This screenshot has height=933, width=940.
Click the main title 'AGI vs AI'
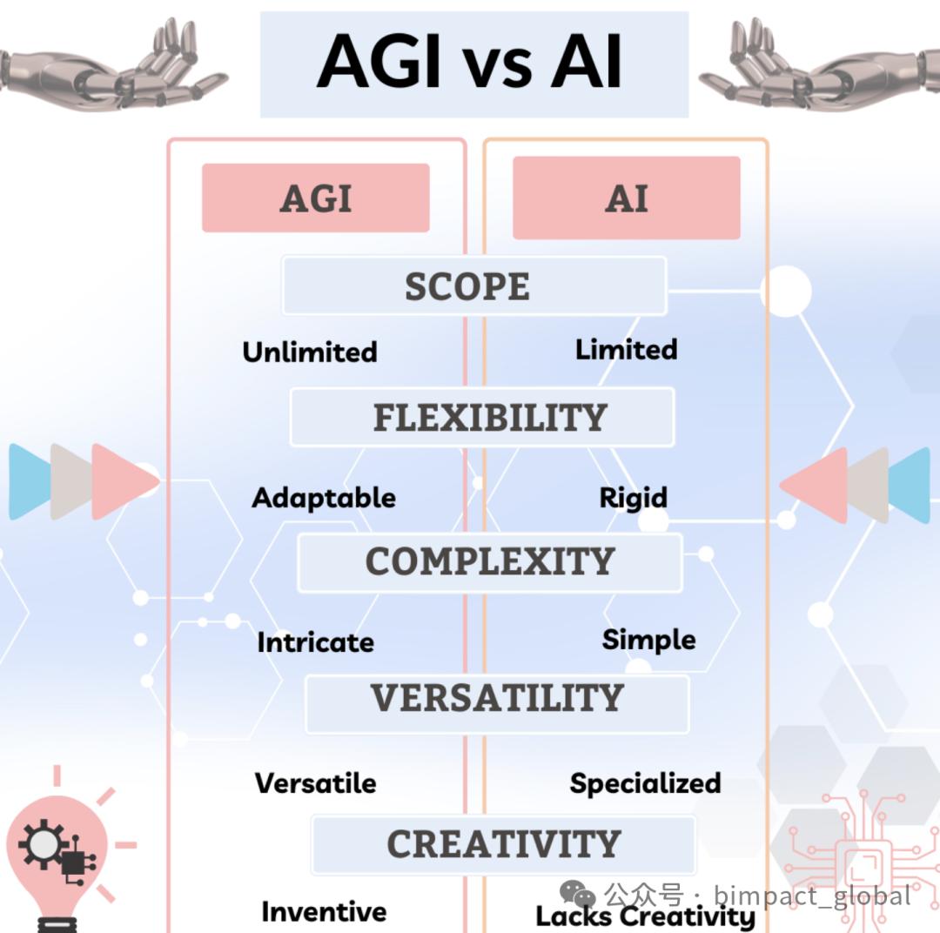click(x=470, y=62)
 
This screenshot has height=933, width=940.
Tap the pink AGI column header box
click(x=316, y=198)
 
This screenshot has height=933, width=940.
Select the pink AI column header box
click(x=627, y=198)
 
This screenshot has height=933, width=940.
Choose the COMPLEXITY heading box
click(x=490, y=562)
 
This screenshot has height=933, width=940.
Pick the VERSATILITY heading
click(x=498, y=698)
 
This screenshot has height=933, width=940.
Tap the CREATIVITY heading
click(x=504, y=844)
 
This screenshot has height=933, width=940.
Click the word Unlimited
click(x=310, y=352)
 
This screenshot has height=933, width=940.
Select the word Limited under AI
click(x=627, y=350)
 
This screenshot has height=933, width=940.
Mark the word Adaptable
click(x=324, y=499)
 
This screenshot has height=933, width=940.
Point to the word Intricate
click(x=316, y=642)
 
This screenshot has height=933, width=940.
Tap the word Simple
click(x=649, y=640)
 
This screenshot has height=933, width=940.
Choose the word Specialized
click(x=646, y=783)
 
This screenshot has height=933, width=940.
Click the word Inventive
click(x=325, y=912)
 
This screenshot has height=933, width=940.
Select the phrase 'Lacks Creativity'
click(x=646, y=916)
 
